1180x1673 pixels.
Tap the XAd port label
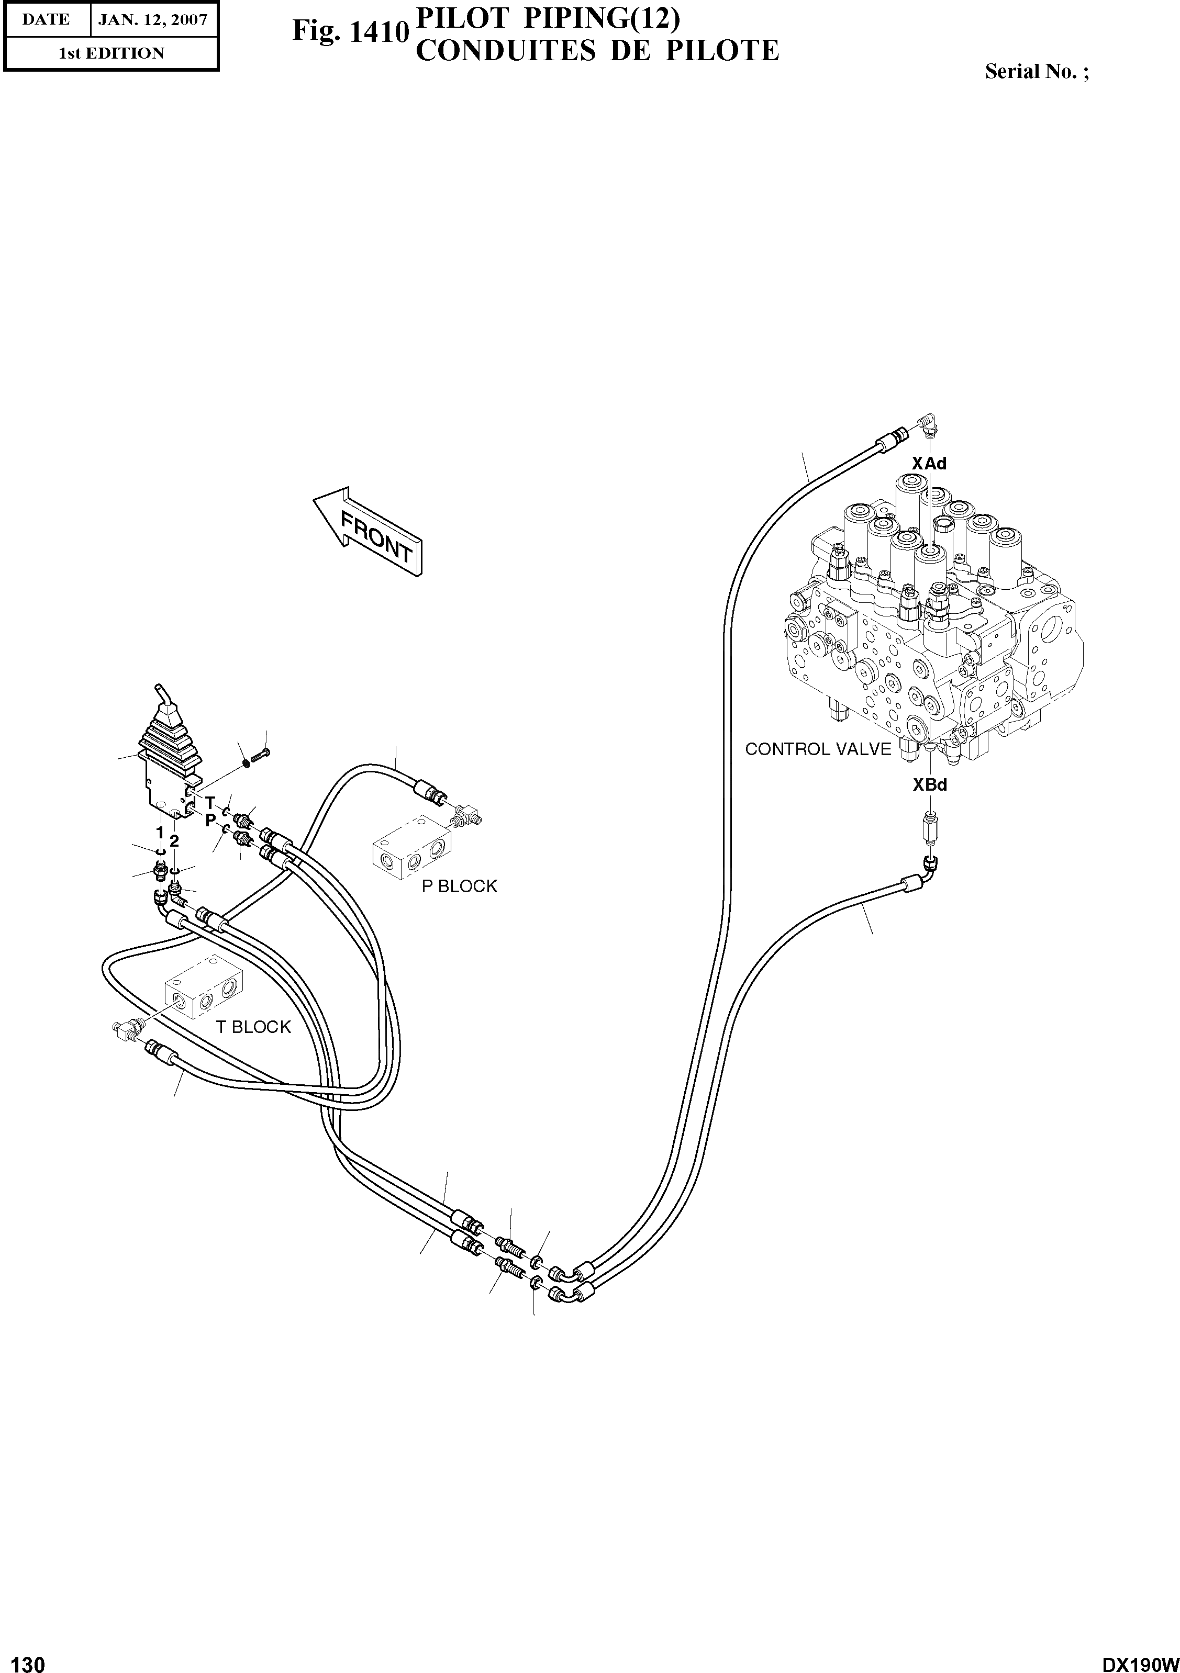(929, 464)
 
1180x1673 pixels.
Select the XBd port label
(930, 785)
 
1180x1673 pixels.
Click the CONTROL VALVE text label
(818, 749)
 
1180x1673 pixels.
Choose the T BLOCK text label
(253, 1027)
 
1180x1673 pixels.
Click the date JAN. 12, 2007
(153, 20)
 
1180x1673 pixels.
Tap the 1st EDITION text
(112, 53)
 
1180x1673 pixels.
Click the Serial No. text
(1037, 71)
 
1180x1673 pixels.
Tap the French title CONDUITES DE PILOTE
(597, 51)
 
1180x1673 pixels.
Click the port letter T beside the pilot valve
(210, 803)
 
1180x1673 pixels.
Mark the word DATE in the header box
(46, 20)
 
